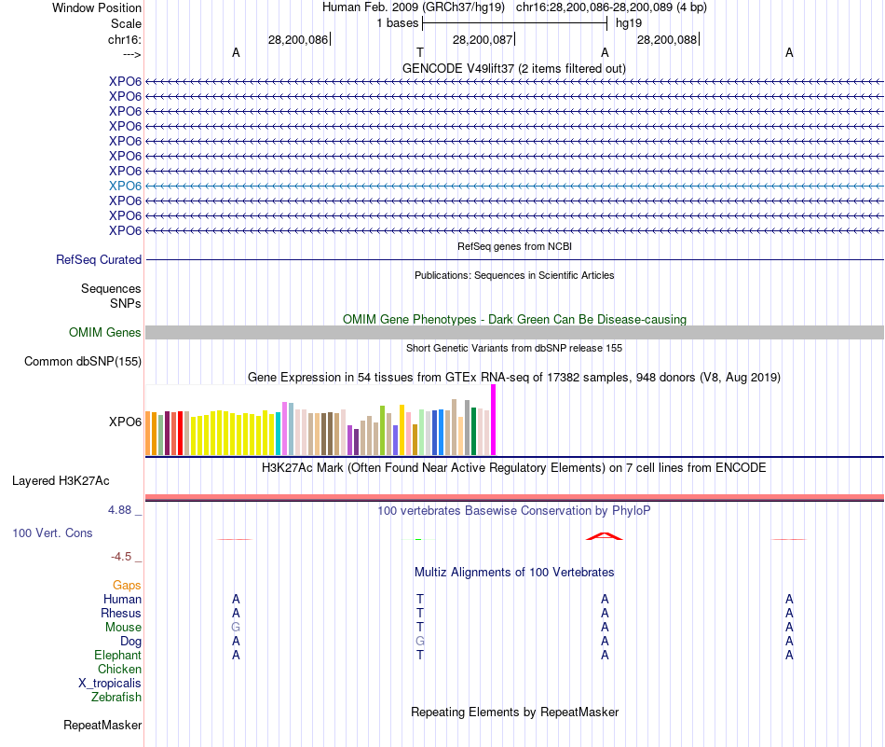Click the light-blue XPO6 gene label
[x=125, y=186]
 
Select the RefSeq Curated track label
[x=99, y=260]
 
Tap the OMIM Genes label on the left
[x=105, y=333]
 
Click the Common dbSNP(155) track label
[x=83, y=362]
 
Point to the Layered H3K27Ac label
[x=61, y=481]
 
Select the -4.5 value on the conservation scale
[x=122, y=557]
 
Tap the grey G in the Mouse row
[x=236, y=628]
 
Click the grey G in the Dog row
[x=420, y=642]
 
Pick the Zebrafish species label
[x=116, y=697]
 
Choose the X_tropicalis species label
[x=110, y=683]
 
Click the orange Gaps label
[x=127, y=585]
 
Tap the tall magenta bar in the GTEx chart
[x=494, y=420]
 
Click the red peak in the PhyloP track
[x=605, y=536]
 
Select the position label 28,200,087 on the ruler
[x=482, y=39]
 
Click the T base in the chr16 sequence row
[x=420, y=53]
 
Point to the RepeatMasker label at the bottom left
[x=102, y=725]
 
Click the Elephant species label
[x=117, y=656]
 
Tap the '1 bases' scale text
[x=397, y=22]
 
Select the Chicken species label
[x=119, y=670]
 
